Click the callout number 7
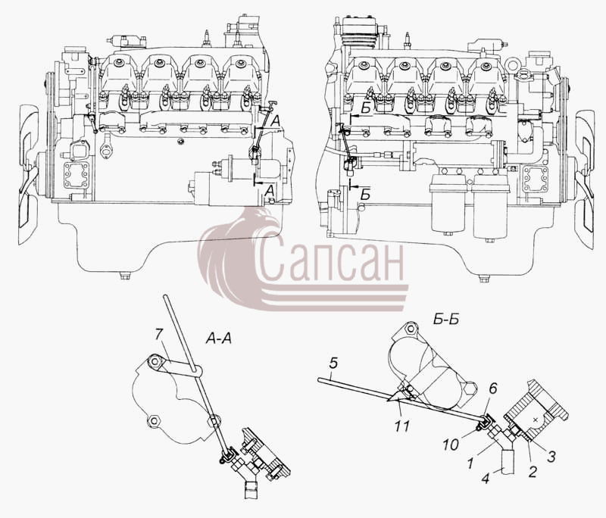point(158,335)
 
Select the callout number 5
point(333,363)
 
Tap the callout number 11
point(402,426)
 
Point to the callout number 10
point(451,445)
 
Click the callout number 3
point(551,456)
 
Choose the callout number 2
point(533,472)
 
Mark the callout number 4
point(486,479)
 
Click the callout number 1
point(470,463)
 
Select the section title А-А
point(219,339)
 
